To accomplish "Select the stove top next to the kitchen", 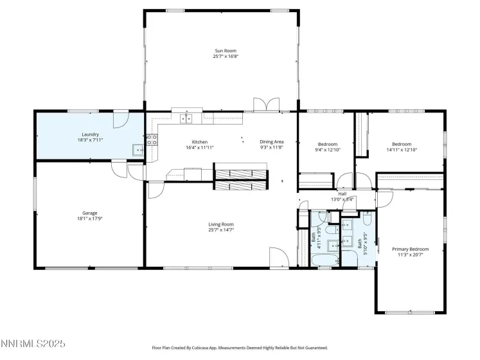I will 152,139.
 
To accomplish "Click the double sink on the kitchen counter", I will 188,118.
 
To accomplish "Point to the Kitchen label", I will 200,142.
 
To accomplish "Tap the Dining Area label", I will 271,142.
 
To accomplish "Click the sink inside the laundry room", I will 138,150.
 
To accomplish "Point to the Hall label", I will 342,194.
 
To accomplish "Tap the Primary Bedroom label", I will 410,249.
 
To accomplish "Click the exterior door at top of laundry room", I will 121,118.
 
